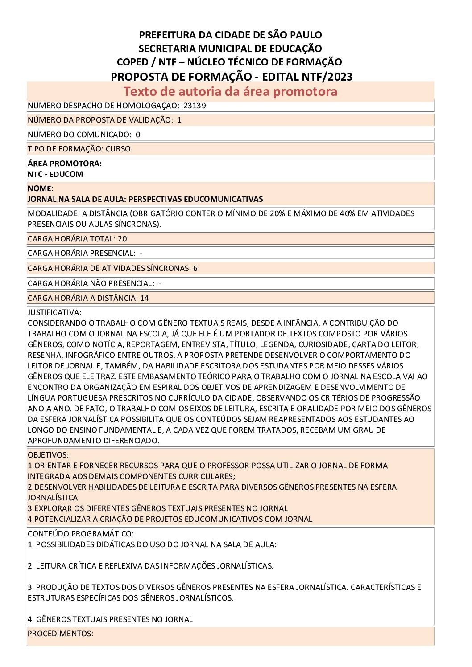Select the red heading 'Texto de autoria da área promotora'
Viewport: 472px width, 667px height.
coord(230,91)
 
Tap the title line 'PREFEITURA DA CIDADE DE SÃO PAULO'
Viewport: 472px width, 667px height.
coord(230,35)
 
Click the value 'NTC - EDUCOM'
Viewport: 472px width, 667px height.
coord(55,174)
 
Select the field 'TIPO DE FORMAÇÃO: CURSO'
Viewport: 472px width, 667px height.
coord(79,149)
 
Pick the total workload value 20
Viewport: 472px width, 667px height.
coord(122,239)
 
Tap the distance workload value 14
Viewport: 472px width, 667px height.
coord(145,298)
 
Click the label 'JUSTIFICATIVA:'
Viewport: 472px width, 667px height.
coord(54,312)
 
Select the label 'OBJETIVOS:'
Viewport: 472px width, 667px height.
coord(48,455)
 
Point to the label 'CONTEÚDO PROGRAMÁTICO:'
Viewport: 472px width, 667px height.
coord(81,534)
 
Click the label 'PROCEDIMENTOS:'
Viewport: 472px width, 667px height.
coord(60,634)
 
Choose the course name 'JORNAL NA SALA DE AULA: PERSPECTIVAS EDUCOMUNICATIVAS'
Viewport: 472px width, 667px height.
coord(145,199)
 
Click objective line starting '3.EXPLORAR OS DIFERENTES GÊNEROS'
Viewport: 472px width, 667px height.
coord(157,508)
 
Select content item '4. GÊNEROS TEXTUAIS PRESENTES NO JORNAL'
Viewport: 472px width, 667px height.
coord(110,619)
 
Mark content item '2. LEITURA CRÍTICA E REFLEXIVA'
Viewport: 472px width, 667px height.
coord(150,566)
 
